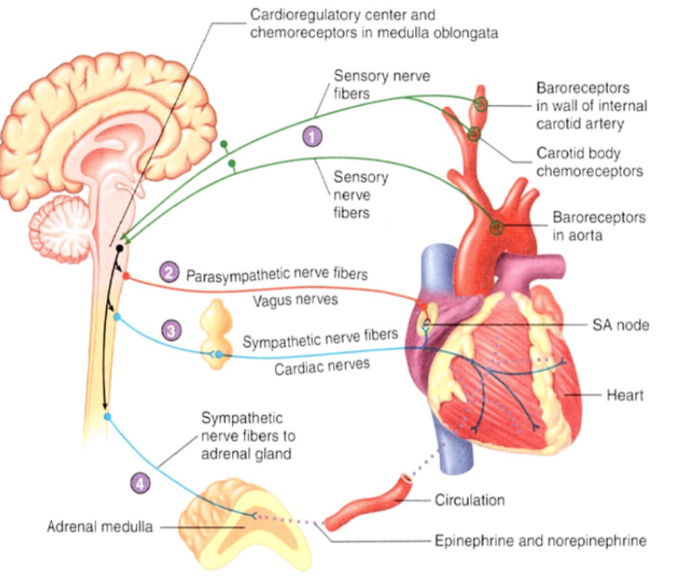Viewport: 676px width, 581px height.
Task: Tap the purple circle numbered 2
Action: pyautogui.click(x=170, y=272)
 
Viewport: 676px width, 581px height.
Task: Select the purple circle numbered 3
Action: pyautogui.click(x=172, y=330)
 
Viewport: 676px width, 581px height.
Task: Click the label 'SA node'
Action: pyautogui.click(x=620, y=325)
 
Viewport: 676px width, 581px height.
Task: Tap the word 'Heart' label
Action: pyautogui.click(x=625, y=394)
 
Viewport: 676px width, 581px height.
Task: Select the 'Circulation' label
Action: pyautogui.click(x=469, y=500)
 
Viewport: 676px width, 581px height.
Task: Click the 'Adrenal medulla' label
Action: pyautogui.click(x=100, y=527)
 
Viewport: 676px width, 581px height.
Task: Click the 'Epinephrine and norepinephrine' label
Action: pyautogui.click(x=540, y=540)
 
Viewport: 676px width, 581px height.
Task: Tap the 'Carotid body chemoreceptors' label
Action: pyautogui.click(x=590, y=162)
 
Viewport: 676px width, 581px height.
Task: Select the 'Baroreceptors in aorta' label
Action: pyautogui.click(x=599, y=225)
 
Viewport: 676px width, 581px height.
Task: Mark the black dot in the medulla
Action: pyautogui.click(x=119, y=248)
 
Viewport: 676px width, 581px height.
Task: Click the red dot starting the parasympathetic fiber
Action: pyautogui.click(x=126, y=276)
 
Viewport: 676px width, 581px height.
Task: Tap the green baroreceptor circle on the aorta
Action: pyautogui.click(x=496, y=225)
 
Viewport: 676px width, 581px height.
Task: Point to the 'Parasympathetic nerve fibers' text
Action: pyautogui.click(x=277, y=274)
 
